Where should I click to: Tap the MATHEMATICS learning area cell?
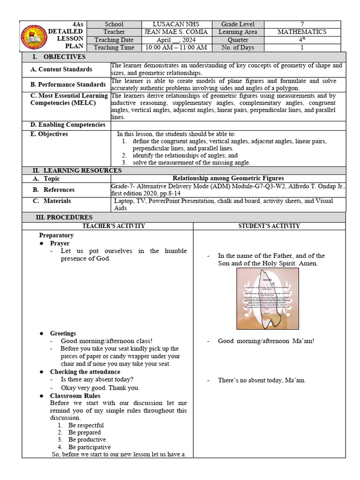coord(301,32)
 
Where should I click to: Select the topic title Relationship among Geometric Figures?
coord(228,178)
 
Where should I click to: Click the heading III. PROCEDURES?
coord(64,217)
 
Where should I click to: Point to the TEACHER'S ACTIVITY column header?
coord(114,226)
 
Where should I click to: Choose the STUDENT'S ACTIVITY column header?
coord(269,226)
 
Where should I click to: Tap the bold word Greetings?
coord(63,333)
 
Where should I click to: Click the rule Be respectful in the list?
coord(86,425)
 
